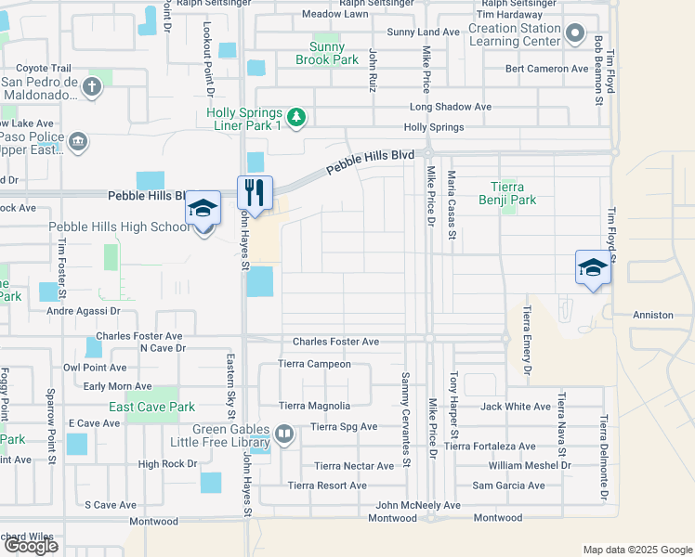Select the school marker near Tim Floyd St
tap(592, 267)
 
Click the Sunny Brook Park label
tap(327, 53)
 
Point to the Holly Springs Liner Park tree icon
tap(296, 117)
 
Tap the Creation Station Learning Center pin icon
tap(575, 35)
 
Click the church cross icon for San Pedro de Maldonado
tap(91, 88)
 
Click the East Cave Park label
tap(151, 407)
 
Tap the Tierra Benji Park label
tap(507, 192)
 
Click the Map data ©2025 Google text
tap(637, 550)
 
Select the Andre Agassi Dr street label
tap(84, 312)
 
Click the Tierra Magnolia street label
tap(315, 406)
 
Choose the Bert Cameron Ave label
tap(546, 69)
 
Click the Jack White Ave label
tap(516, 407)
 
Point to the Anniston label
tap(653, 316)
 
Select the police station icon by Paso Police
tap(78, 141)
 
